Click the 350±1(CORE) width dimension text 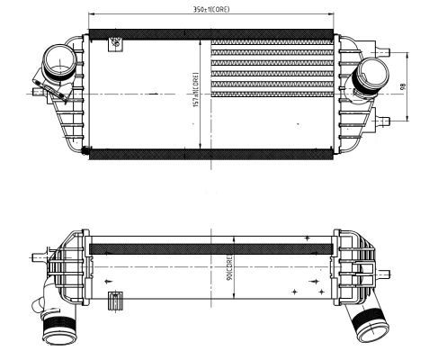click(x=212, y=11)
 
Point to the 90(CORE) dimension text click(x=229, y=267)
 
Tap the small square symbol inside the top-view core click(x=115, y=42)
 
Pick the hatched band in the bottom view click(x=212, y=245)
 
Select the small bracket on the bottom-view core click(x=112, y=303)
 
